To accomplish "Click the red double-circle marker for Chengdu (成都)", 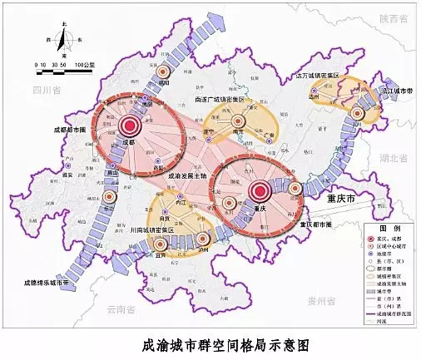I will click(x=129, y=126).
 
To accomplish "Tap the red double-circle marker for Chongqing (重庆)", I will click(x=258, y=192).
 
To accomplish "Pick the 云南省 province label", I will click(x=120, y=308).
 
